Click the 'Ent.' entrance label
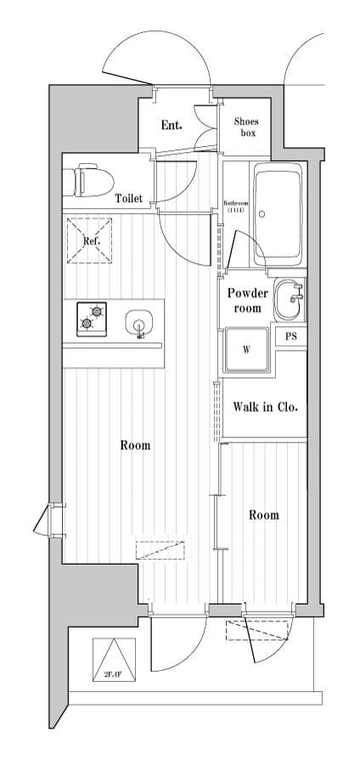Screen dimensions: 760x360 pyautogui.click(x=172, y=126)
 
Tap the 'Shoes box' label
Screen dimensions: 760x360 pyautogui.click(x=246, y=127)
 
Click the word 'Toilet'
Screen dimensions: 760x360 pyautogui.click(x=129, y=199)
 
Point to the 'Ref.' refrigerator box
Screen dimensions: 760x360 pyautogui.click(x=92, y=240)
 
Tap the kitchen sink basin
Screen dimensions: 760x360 pyautogui.click(x=138, y=323)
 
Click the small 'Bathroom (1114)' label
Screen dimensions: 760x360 pyautogui.click(x=234, y=206)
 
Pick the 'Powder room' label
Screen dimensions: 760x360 pyautogui.click(x=247, y=300)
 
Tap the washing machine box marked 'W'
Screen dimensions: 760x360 pyautogui.click(x=246, y=349)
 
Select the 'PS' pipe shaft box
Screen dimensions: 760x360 pyautogui.click(x=291, y=336)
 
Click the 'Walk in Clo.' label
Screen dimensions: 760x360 pyautogui.click(x=265, y=407)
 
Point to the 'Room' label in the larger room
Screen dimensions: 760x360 pyautogui.click(x=135, y=445)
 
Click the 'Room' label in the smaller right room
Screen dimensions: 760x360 pyautogui.click(x=263, y=515)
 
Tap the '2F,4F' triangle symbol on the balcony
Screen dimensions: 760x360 pyautogui.click(x=115, y=659)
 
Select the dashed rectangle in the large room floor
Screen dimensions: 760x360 pyautogui.click(x=160, y=550)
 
